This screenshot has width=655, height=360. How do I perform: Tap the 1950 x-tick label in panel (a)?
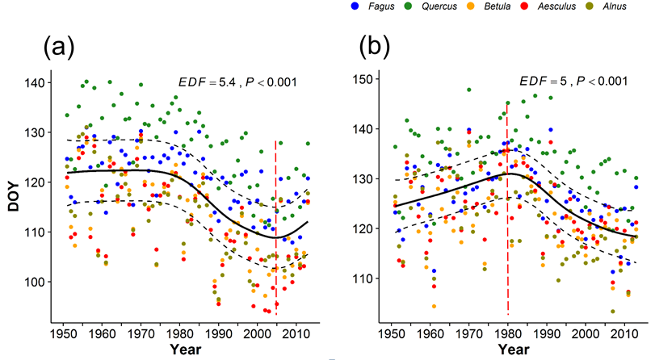[63, 333]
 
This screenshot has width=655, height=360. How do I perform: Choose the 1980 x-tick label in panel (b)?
[507, 333]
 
